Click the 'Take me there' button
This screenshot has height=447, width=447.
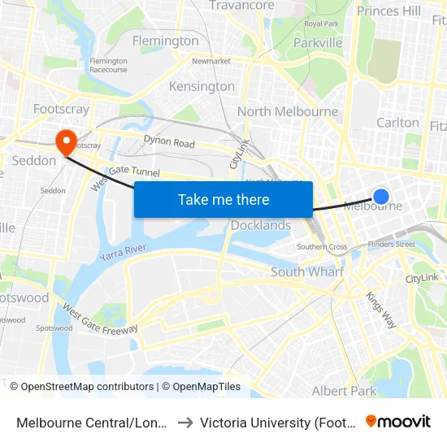click(x=223, y=199)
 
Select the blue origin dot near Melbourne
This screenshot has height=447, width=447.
click(x=380, y=196)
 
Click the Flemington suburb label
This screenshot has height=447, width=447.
click(x=165, y=41)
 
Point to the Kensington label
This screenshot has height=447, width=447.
click(x=202, y=86)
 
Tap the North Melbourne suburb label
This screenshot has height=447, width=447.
click(x=288, y=111)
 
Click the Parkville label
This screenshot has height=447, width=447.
click(x=317, y=43)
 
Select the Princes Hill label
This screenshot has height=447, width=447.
click(x=389, y=11)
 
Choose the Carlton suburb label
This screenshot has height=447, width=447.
click(x=397, y=123)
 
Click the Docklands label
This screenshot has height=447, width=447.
click(x=261, y=225)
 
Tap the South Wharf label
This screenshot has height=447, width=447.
click(x=307, y=272)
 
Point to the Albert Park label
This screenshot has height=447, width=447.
click(x=344, y=391)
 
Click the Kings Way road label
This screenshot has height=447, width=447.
click(x=380, y=310)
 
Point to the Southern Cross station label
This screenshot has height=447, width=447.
click(x=322, y=247)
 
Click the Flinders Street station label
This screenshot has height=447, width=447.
click(x=391, y=244)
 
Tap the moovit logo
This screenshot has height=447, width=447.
click(x=398, y=421)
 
